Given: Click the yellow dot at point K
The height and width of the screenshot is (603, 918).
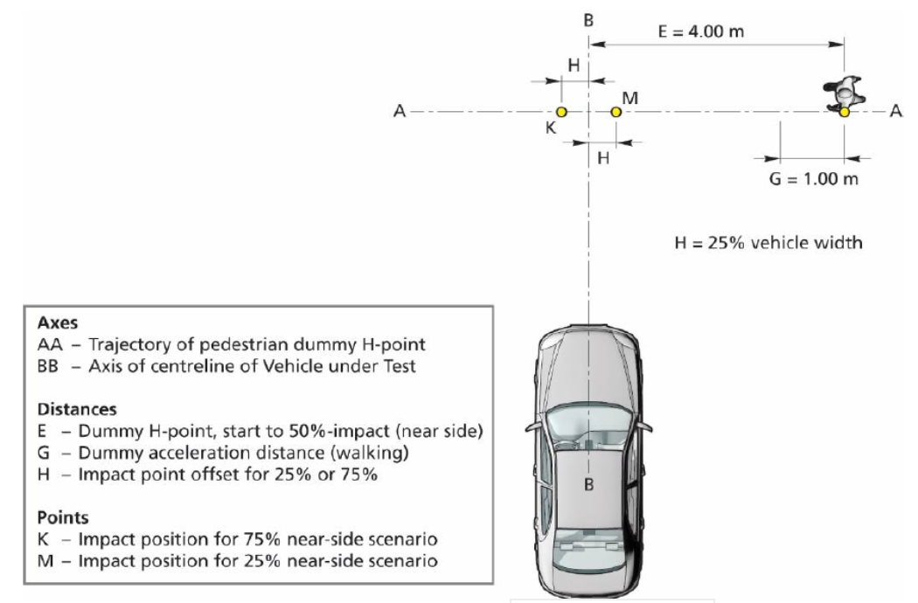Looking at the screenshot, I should coord(561,113).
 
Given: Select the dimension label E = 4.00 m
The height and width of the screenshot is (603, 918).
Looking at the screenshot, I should coord(699,32).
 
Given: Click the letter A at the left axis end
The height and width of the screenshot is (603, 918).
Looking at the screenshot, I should coord(400,112).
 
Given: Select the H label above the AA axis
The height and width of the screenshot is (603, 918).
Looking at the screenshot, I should coord(574,65).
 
